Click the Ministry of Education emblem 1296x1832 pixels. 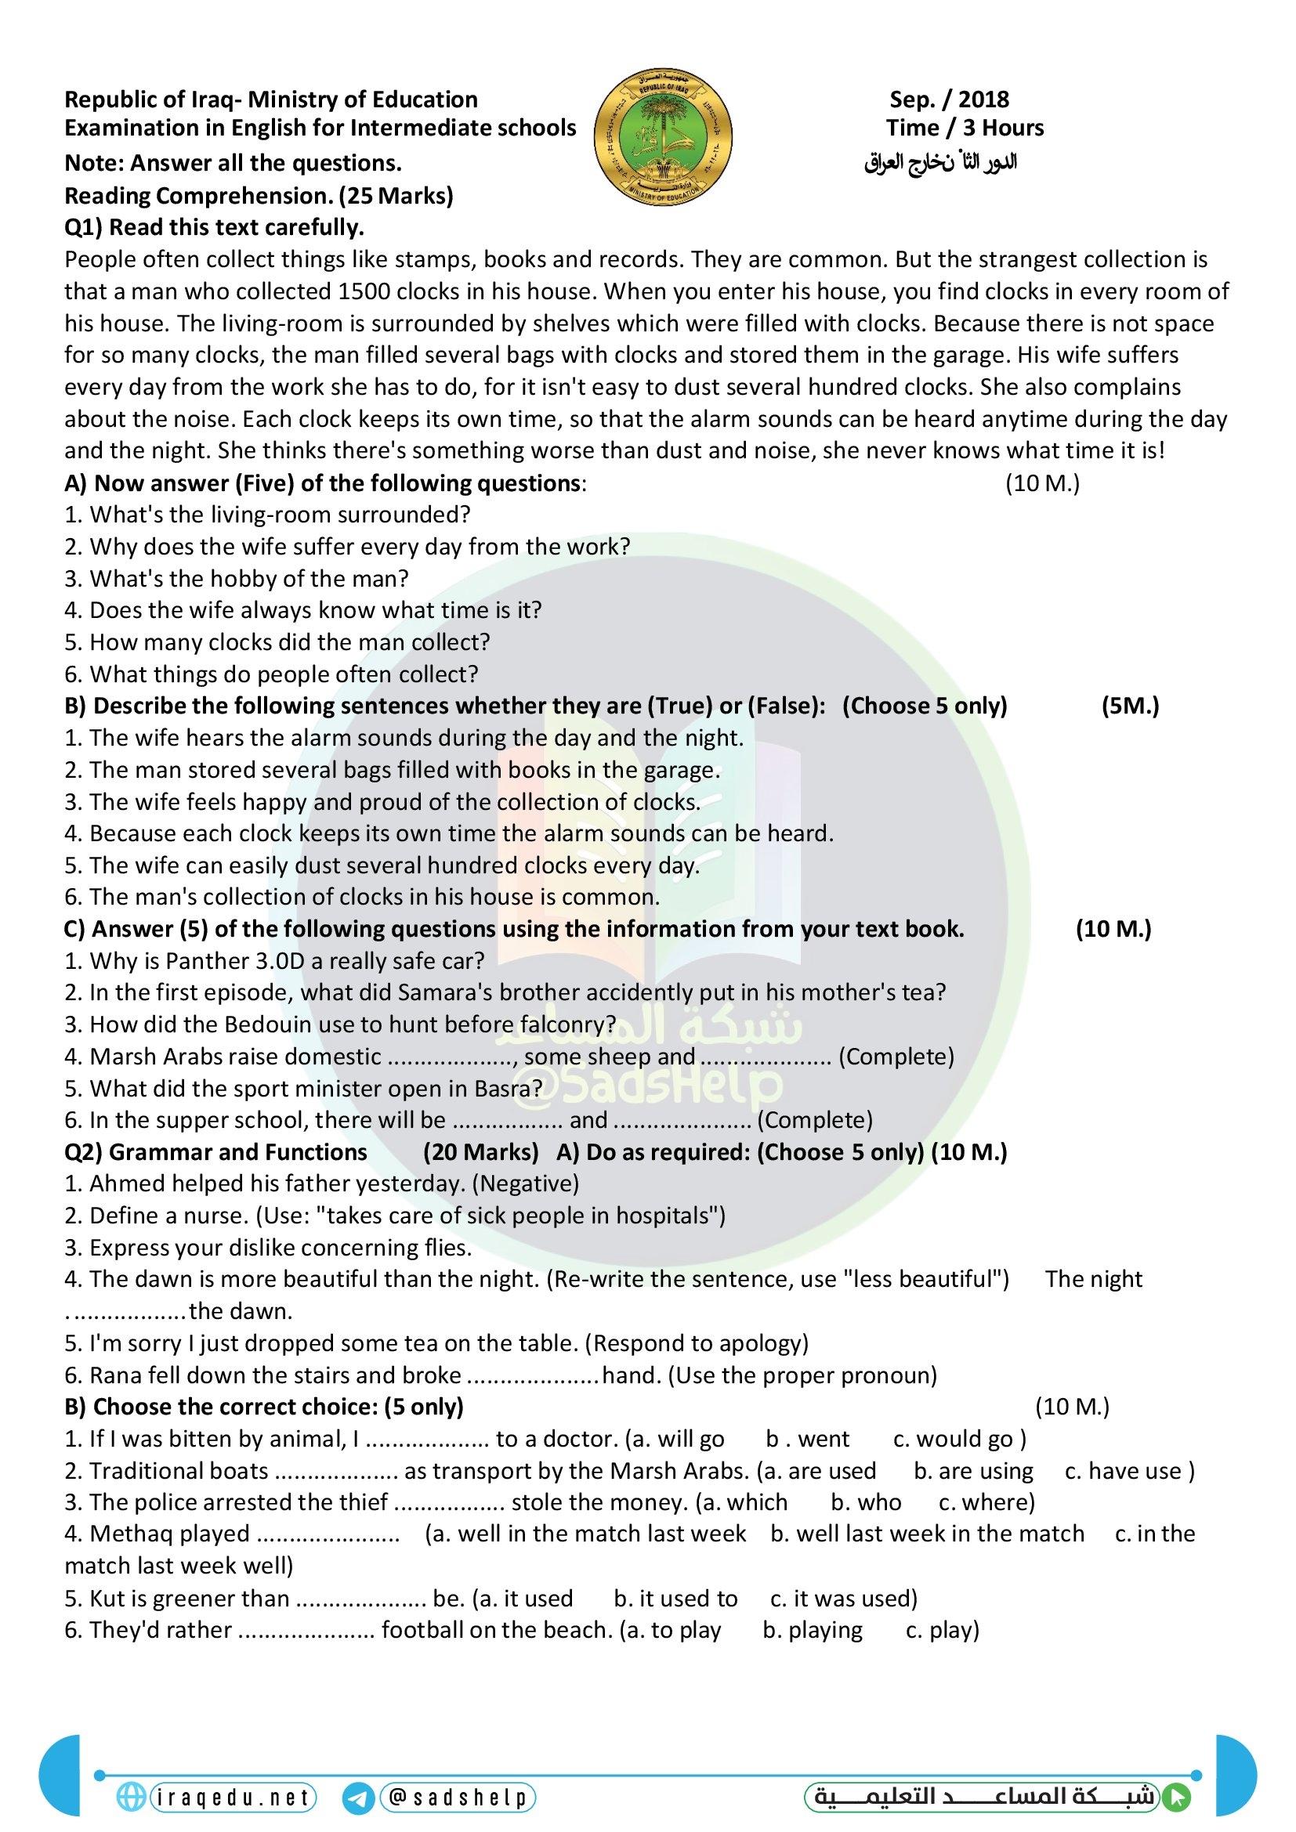tap(662, 136)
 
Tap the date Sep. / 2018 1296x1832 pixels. tap(949, 99)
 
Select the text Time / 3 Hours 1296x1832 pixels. tap(964, 128)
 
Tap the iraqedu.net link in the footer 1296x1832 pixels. tap(233, 1798)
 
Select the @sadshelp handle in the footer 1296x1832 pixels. tap(458, 1798)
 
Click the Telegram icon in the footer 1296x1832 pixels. tap(358, 1798)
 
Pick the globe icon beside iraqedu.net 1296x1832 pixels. tap(131, 1797)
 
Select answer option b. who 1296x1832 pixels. tap(866, 1502)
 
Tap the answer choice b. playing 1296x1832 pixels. tap(813, 1630)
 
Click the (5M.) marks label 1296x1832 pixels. tap(1130, 706)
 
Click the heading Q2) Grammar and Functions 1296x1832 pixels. tap(215, 1152)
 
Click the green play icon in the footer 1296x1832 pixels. tap(1177, 1798)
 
